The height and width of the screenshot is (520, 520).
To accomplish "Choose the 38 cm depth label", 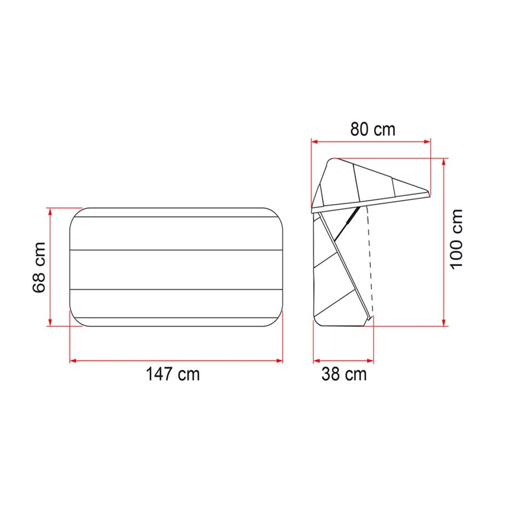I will (344, 375).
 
